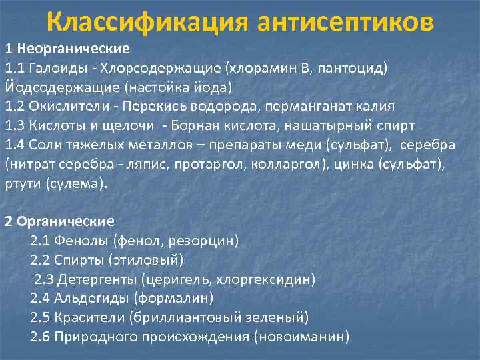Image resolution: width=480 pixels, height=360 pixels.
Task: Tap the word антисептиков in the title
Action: pyautogui.click(x=345, y=23)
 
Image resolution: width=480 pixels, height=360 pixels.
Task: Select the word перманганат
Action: pyautogui.click(x=311, y=106)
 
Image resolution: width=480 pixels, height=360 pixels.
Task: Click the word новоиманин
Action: pyautogui.click(x=301, y=337)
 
